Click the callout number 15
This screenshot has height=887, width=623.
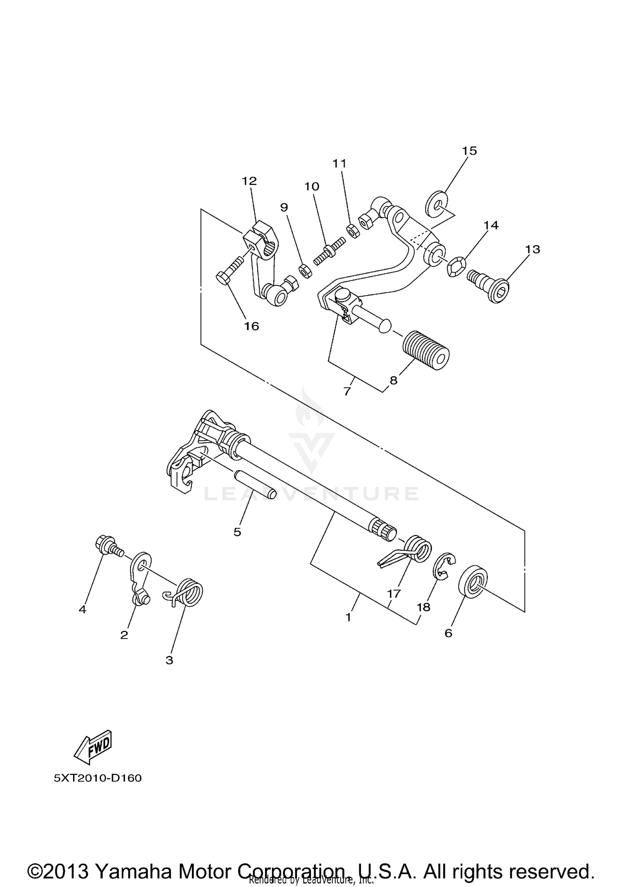tap(470, 151)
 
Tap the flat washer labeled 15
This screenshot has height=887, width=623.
tap(436, 204)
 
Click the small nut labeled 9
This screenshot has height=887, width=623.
tap(306, 271)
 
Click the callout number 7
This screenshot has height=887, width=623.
tap(348, 391)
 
